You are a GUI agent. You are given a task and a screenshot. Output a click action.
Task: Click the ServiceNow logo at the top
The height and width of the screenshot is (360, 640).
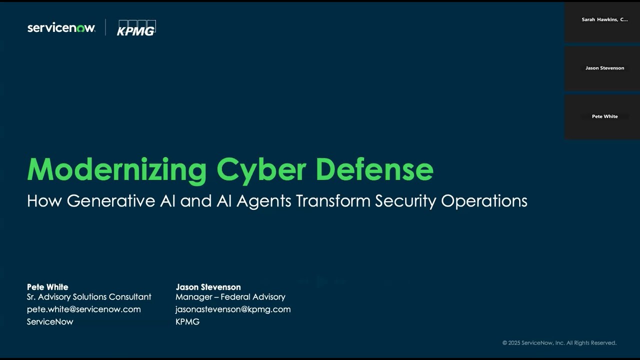61,28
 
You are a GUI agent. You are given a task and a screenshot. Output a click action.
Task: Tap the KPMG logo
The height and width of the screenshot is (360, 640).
136,28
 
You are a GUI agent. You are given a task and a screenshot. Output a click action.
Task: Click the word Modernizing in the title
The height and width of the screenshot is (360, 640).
116,170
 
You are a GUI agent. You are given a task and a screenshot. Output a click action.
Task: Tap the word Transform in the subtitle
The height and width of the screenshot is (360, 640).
333,201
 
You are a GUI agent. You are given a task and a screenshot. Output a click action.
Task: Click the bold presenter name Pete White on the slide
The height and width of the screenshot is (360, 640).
47,287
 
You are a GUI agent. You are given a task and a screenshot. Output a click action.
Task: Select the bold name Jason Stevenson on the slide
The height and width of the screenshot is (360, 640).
208,287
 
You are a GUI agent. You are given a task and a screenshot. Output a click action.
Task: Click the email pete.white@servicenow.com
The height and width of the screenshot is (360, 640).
83,309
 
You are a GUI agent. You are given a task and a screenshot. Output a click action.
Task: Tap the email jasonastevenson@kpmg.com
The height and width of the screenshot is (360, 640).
233,309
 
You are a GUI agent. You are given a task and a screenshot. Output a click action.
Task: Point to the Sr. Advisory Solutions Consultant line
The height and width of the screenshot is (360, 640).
89,297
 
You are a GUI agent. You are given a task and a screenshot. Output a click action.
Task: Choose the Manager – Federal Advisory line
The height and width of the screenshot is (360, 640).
230,297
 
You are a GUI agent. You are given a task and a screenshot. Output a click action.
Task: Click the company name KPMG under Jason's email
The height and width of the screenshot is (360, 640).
187,322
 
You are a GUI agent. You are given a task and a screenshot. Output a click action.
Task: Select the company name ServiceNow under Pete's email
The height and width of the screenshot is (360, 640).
50,322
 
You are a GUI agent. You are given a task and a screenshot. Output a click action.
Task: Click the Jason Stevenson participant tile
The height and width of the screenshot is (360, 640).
602,68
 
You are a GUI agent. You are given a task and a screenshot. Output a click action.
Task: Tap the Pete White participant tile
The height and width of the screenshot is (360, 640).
602,117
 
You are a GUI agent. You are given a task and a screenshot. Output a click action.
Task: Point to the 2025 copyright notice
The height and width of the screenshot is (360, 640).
559,343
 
